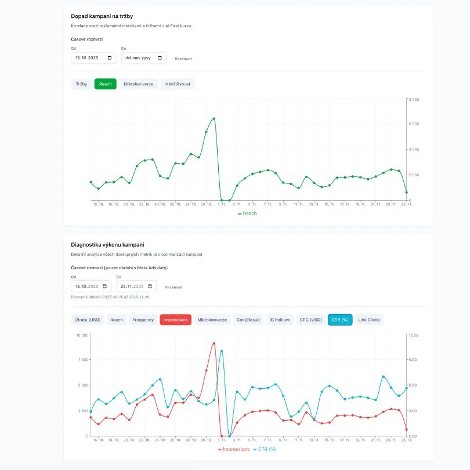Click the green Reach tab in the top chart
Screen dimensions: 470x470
106,84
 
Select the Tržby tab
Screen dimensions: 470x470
81,84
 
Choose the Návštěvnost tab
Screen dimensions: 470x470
178,84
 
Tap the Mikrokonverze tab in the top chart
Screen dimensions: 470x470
139,84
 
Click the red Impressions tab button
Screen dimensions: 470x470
175,320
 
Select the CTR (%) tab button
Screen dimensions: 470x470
340,320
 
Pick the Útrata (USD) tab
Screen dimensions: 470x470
87,320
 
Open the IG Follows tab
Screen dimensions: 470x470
279,320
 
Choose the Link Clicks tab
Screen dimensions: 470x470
369,320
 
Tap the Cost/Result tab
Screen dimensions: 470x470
248,320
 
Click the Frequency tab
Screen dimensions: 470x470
143,320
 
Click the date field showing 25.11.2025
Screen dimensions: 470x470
136,286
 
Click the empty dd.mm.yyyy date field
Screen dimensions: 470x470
143,58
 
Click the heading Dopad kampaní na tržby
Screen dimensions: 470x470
102,16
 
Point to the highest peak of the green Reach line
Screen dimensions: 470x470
214,118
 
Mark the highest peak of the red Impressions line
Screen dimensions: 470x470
214,344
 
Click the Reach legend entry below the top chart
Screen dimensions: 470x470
247,214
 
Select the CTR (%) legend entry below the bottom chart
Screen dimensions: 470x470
265,449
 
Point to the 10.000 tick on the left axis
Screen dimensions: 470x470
81,335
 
